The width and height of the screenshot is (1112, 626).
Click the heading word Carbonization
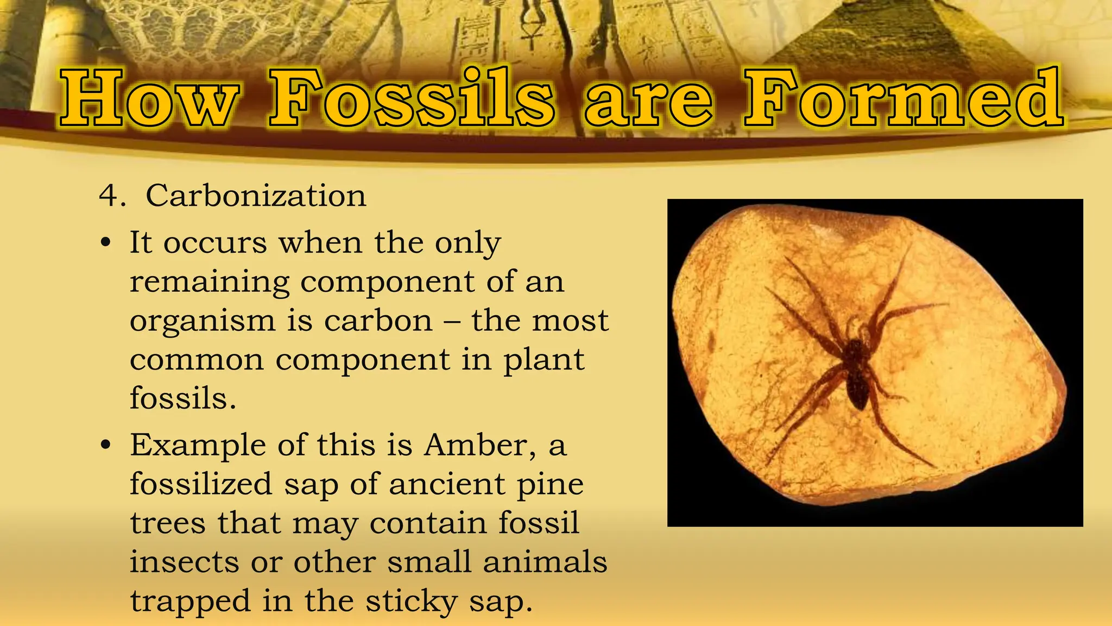coord(256,196)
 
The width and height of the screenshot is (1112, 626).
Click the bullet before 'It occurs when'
coord(106,243)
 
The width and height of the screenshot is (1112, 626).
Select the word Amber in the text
coord(476,445)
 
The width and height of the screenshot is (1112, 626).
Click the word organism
coord(203,322)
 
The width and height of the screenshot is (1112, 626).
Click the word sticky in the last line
coord(412,602)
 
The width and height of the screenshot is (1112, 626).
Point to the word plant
coord(544,361)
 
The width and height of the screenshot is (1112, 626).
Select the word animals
coord(545,562)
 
